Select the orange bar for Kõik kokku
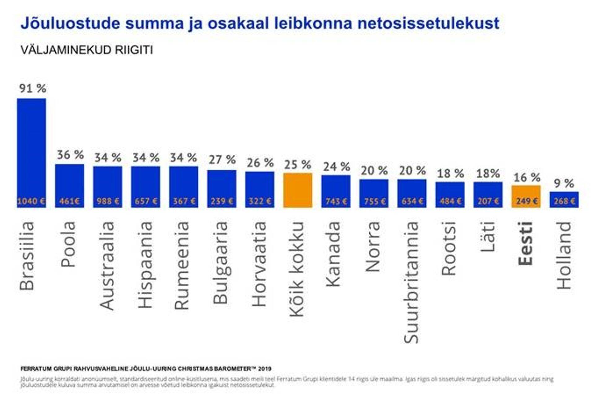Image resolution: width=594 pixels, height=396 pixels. point(298,190)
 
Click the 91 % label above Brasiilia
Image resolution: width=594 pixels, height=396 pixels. point(33,89)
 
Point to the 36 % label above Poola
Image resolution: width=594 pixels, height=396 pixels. point(70,154)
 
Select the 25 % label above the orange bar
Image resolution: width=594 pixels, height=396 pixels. point(298,165)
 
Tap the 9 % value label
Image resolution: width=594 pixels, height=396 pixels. point(564,183)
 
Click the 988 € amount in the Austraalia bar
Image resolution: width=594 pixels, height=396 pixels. point(108,201)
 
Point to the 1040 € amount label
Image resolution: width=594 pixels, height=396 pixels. point(31,201)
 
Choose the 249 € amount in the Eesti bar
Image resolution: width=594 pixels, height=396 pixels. point(526,201)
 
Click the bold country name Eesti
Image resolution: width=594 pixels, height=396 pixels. point(526,243)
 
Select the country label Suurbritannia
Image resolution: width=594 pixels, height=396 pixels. point(412,282)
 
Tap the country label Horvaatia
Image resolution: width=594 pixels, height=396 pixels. point(260,264)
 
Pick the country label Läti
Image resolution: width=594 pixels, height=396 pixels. point(488,237)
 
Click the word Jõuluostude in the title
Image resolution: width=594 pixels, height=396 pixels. point(70,24)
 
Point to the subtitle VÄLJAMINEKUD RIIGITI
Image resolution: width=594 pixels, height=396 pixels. point(87,50)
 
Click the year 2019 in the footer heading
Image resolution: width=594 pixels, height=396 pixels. point(265,369)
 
